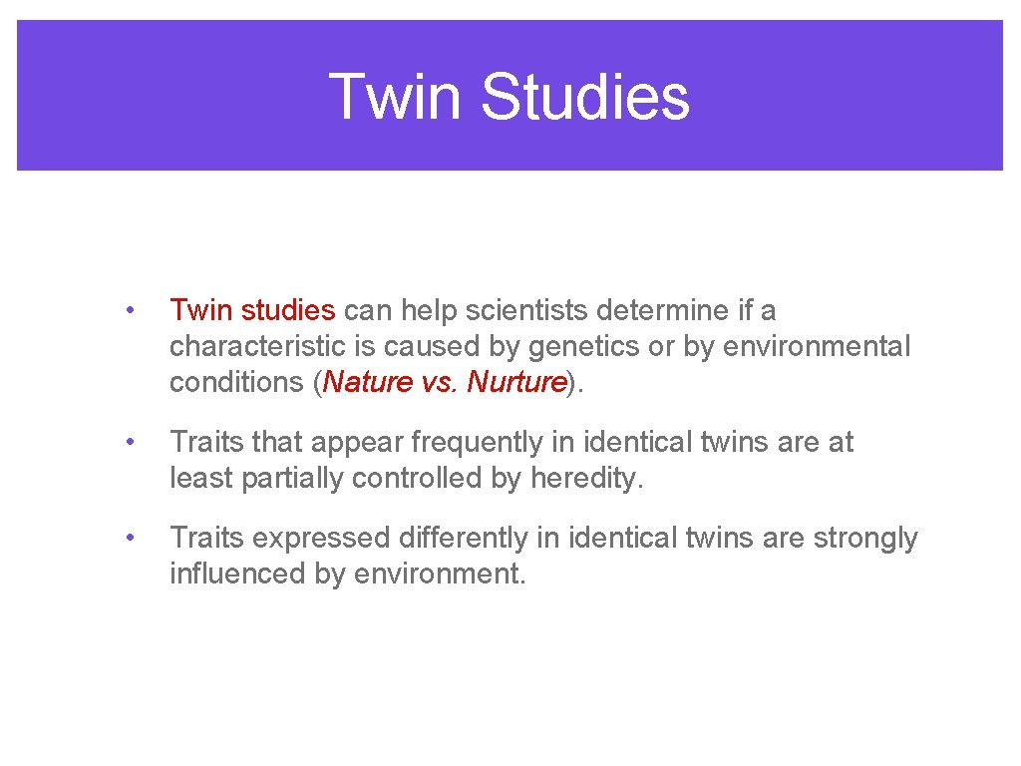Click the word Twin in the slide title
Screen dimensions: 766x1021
click(395, 97)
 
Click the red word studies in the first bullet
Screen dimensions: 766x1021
click(288, 310)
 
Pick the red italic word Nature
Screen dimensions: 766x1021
click(367, 382)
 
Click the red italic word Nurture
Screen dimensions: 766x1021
click(515, 382)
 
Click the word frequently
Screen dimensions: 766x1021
click(466, 442)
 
